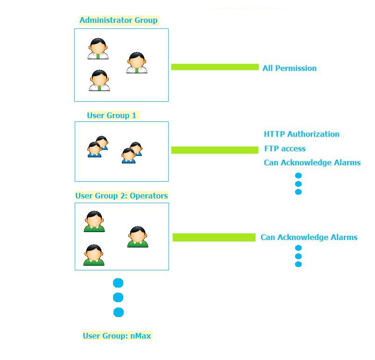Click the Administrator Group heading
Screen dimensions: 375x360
(x=118, y=20)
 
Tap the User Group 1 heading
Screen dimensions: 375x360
(x=112, y=115)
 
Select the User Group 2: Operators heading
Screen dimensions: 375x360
(x=121, y=196)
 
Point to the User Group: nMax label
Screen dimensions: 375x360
(x=117, y=336)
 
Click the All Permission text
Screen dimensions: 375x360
(x=290, y=68)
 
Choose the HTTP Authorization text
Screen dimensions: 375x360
(x=302, y=134)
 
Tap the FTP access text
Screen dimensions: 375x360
(x=285, y=148)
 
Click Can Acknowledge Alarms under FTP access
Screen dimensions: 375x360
(x=312, y=163)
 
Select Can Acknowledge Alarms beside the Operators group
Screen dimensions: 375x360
(x=309, y=237)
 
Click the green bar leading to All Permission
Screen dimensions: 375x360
(x=215, y=67)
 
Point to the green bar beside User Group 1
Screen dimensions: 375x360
(x=215, y=150)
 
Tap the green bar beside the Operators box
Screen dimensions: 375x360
(x=214, y=237)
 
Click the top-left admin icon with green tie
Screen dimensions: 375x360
(x=98, y=49)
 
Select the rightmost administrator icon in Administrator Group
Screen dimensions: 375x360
(x=137, y=63)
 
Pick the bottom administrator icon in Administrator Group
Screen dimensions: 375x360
(x=99, y=80)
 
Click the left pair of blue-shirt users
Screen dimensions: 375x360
(x=98, y=147)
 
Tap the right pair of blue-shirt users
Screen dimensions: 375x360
(x=132, y=153)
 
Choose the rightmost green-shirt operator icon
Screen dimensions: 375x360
(x=138, y=237)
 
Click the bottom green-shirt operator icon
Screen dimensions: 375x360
(x=94, y=255)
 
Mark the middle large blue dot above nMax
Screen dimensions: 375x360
(x=118, y=297)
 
